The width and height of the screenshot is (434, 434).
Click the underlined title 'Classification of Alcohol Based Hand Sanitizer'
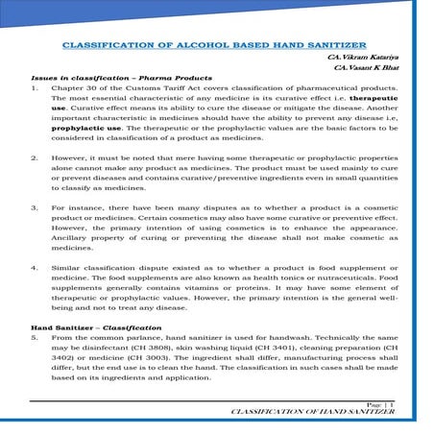217,44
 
